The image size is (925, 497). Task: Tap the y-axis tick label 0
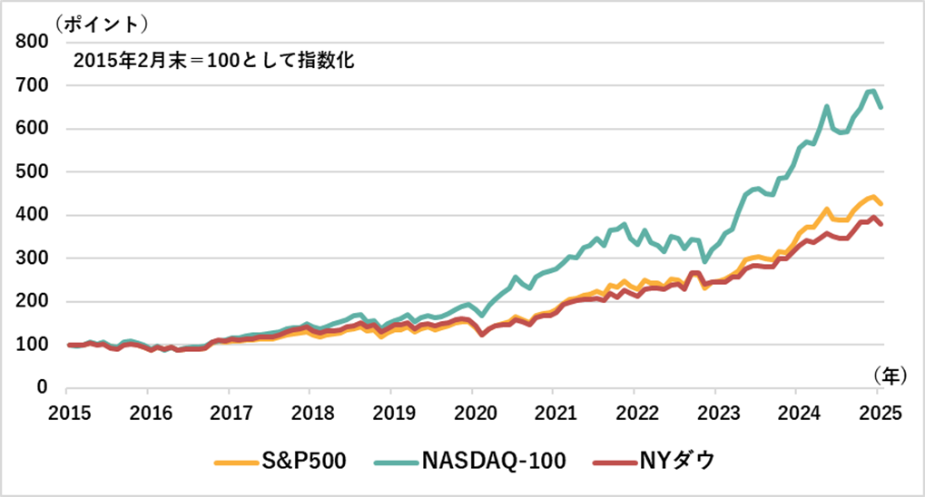point(43,388)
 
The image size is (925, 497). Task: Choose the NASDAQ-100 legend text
point(495,462)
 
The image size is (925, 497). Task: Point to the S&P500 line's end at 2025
point(881,204)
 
